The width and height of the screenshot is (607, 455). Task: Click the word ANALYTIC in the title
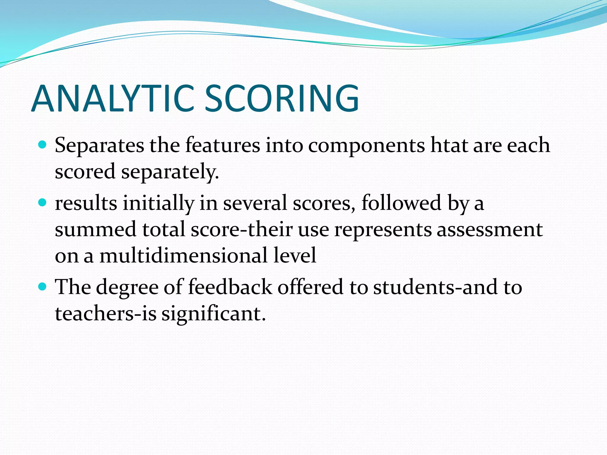click(x=113, y=99)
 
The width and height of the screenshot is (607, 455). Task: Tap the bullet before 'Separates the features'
click(x=43, y=145)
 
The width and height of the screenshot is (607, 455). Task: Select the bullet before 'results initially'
click(x=43, y=203)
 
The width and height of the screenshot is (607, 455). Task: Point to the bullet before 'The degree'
click(x=43, y=287)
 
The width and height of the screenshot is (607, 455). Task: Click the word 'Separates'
click(x=99, y=146)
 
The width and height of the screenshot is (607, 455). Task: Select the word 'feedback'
click(x=230, y=287)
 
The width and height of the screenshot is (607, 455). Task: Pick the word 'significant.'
click(x=213, y=314)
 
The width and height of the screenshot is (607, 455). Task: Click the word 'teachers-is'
click(x=106, y=314)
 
